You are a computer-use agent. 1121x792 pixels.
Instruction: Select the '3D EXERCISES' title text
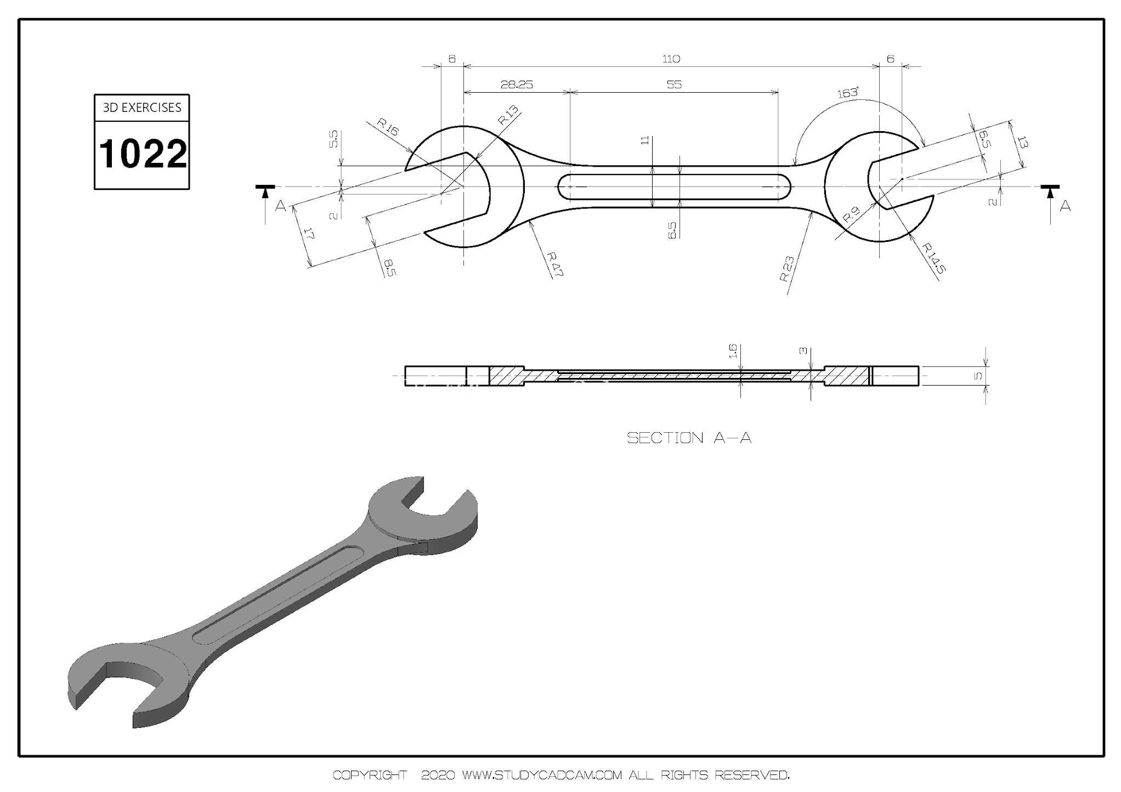[x=142, y=108]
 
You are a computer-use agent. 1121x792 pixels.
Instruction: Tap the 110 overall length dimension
[x=671, y=59]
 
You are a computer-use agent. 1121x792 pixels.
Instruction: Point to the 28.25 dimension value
[x=517, y=84]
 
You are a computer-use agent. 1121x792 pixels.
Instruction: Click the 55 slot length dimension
[x=674, y=84]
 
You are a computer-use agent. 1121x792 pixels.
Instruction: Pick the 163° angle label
[x=848, y=93]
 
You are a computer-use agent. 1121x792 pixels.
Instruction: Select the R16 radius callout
[x=388, y=127]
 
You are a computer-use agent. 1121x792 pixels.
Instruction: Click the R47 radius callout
[x=555, y=264]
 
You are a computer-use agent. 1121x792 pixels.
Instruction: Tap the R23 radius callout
[x=786, y=269]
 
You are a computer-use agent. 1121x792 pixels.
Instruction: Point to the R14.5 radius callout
[x=933, y=258]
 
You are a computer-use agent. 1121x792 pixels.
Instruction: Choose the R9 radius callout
[x=851, y=214]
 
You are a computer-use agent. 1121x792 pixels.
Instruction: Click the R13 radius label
[x=508, y=115]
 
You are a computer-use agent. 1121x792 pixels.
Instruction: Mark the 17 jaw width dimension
[x=309, y=234]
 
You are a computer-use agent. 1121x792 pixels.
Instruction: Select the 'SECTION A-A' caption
[x=689, y=438]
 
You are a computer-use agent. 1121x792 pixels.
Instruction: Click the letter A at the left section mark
[x=280, y=206]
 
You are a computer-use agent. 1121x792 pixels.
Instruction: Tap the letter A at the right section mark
[x=1065, y=206]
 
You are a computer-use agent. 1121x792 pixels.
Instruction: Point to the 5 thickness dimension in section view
[x=978, y=376]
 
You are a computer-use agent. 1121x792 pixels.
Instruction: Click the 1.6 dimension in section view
[x=733, y=351]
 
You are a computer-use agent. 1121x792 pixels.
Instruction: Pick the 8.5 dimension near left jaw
[x=389, y=268]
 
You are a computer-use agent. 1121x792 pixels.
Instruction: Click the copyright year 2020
[x=438, y=775]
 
